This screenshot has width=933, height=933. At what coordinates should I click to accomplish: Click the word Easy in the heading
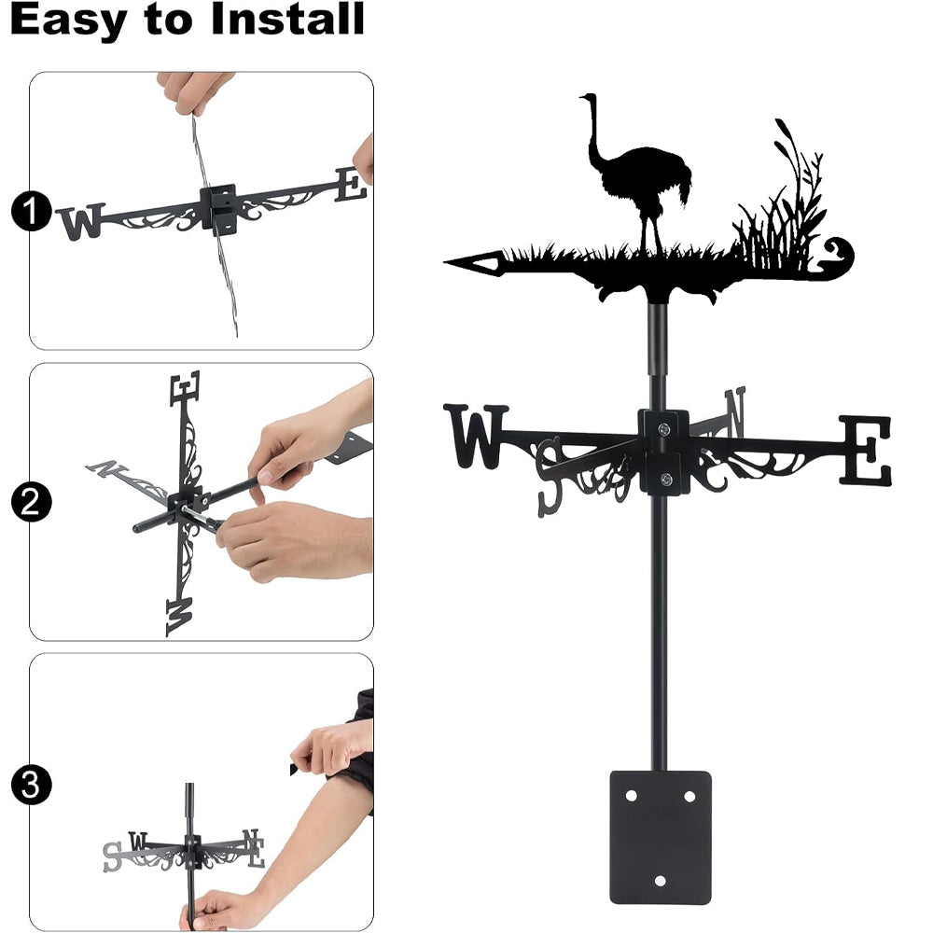(x=68, y=20)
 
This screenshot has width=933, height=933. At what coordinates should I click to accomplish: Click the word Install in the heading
(x=287, y=19)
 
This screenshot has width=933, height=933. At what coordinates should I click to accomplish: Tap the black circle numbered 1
(x=31, y=211)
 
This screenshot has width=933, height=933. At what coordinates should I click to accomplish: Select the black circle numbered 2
(x=31, y=502)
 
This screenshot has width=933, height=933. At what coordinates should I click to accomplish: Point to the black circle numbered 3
(x=31, y=785)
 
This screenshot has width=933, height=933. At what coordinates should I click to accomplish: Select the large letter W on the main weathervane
(x=476, y=436)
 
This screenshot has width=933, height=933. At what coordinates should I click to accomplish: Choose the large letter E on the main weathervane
(x=866, y=450)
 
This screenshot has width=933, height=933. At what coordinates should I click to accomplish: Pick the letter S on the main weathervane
(x=550, y=476)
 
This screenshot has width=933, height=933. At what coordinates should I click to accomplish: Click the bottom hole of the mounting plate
(x=660, y=881)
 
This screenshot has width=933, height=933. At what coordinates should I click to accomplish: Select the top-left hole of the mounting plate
(x=631, y=796)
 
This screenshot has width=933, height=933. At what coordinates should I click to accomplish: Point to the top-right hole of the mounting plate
(x=689, y=796)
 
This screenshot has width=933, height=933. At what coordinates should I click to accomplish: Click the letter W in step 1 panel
(x=81, y=221)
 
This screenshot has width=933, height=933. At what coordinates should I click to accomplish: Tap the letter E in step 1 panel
(x=351, y=185)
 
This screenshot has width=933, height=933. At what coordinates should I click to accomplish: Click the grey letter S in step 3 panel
(x=112, y=856)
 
